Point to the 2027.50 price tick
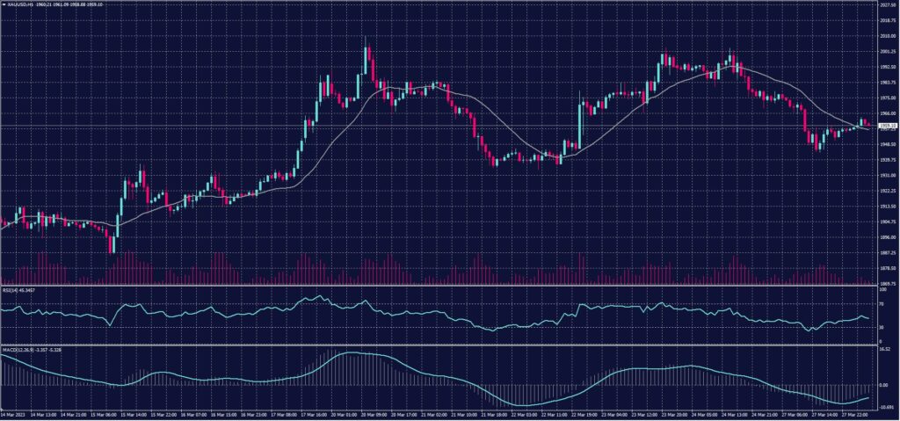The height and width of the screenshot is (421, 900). (x=887, y=4)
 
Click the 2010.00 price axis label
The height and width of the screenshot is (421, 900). (x=887, y=36)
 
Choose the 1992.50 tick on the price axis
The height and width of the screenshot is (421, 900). (x=887, y=67)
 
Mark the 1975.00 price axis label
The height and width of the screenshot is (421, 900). (x=887, y=98)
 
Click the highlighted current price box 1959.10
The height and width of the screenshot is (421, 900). (x=887, y=127)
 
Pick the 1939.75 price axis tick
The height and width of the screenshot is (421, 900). (x=887, y=160)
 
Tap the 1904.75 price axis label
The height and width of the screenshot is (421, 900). (x=887, y=221)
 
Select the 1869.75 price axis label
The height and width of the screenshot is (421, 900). (x=887, y=283)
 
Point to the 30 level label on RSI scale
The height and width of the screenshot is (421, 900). (x=882, y=328)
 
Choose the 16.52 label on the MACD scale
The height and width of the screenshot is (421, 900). (x=884, y=349)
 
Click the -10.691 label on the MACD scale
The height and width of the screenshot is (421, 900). (x=885, y=406)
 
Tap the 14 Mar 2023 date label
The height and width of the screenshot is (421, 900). (x=11, y=413)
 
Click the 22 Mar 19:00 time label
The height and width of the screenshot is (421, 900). (x=586, y=413)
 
